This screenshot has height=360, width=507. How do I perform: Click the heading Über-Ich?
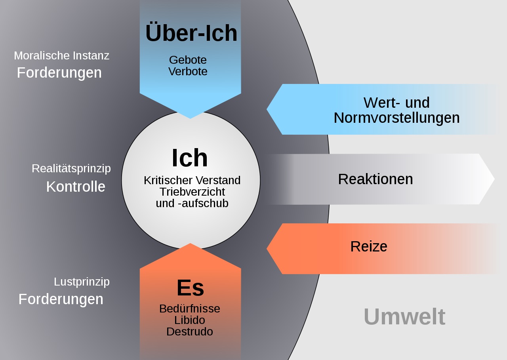(191, 33)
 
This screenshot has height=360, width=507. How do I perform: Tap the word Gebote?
(188, 60)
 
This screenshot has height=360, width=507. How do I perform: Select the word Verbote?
(188, 72)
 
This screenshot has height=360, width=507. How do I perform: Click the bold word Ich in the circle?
(190, 158)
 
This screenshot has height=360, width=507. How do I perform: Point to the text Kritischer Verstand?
(192, 180)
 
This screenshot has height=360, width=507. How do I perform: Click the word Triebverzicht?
(192, 192)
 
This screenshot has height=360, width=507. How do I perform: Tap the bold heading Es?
(190, 288)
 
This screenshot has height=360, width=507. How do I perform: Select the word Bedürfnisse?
(190, 309)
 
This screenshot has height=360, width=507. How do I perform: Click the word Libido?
(190, 320)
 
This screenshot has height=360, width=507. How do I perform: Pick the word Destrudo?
(190, 331)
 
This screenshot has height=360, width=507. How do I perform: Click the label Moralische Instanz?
(61, 55)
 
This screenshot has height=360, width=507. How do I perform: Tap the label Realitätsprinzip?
(71, 168)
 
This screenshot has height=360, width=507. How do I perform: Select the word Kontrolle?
(76, 187)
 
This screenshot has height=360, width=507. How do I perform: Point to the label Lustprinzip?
(82, 282)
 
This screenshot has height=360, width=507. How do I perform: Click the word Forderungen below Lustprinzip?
(61, 299)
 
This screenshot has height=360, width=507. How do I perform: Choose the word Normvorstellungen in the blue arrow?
(396, 118)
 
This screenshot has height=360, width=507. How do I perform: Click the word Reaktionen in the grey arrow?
(375, 179)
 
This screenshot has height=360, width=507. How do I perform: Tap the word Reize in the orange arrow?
(369, 247)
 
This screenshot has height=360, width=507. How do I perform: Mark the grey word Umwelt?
(404, 317)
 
